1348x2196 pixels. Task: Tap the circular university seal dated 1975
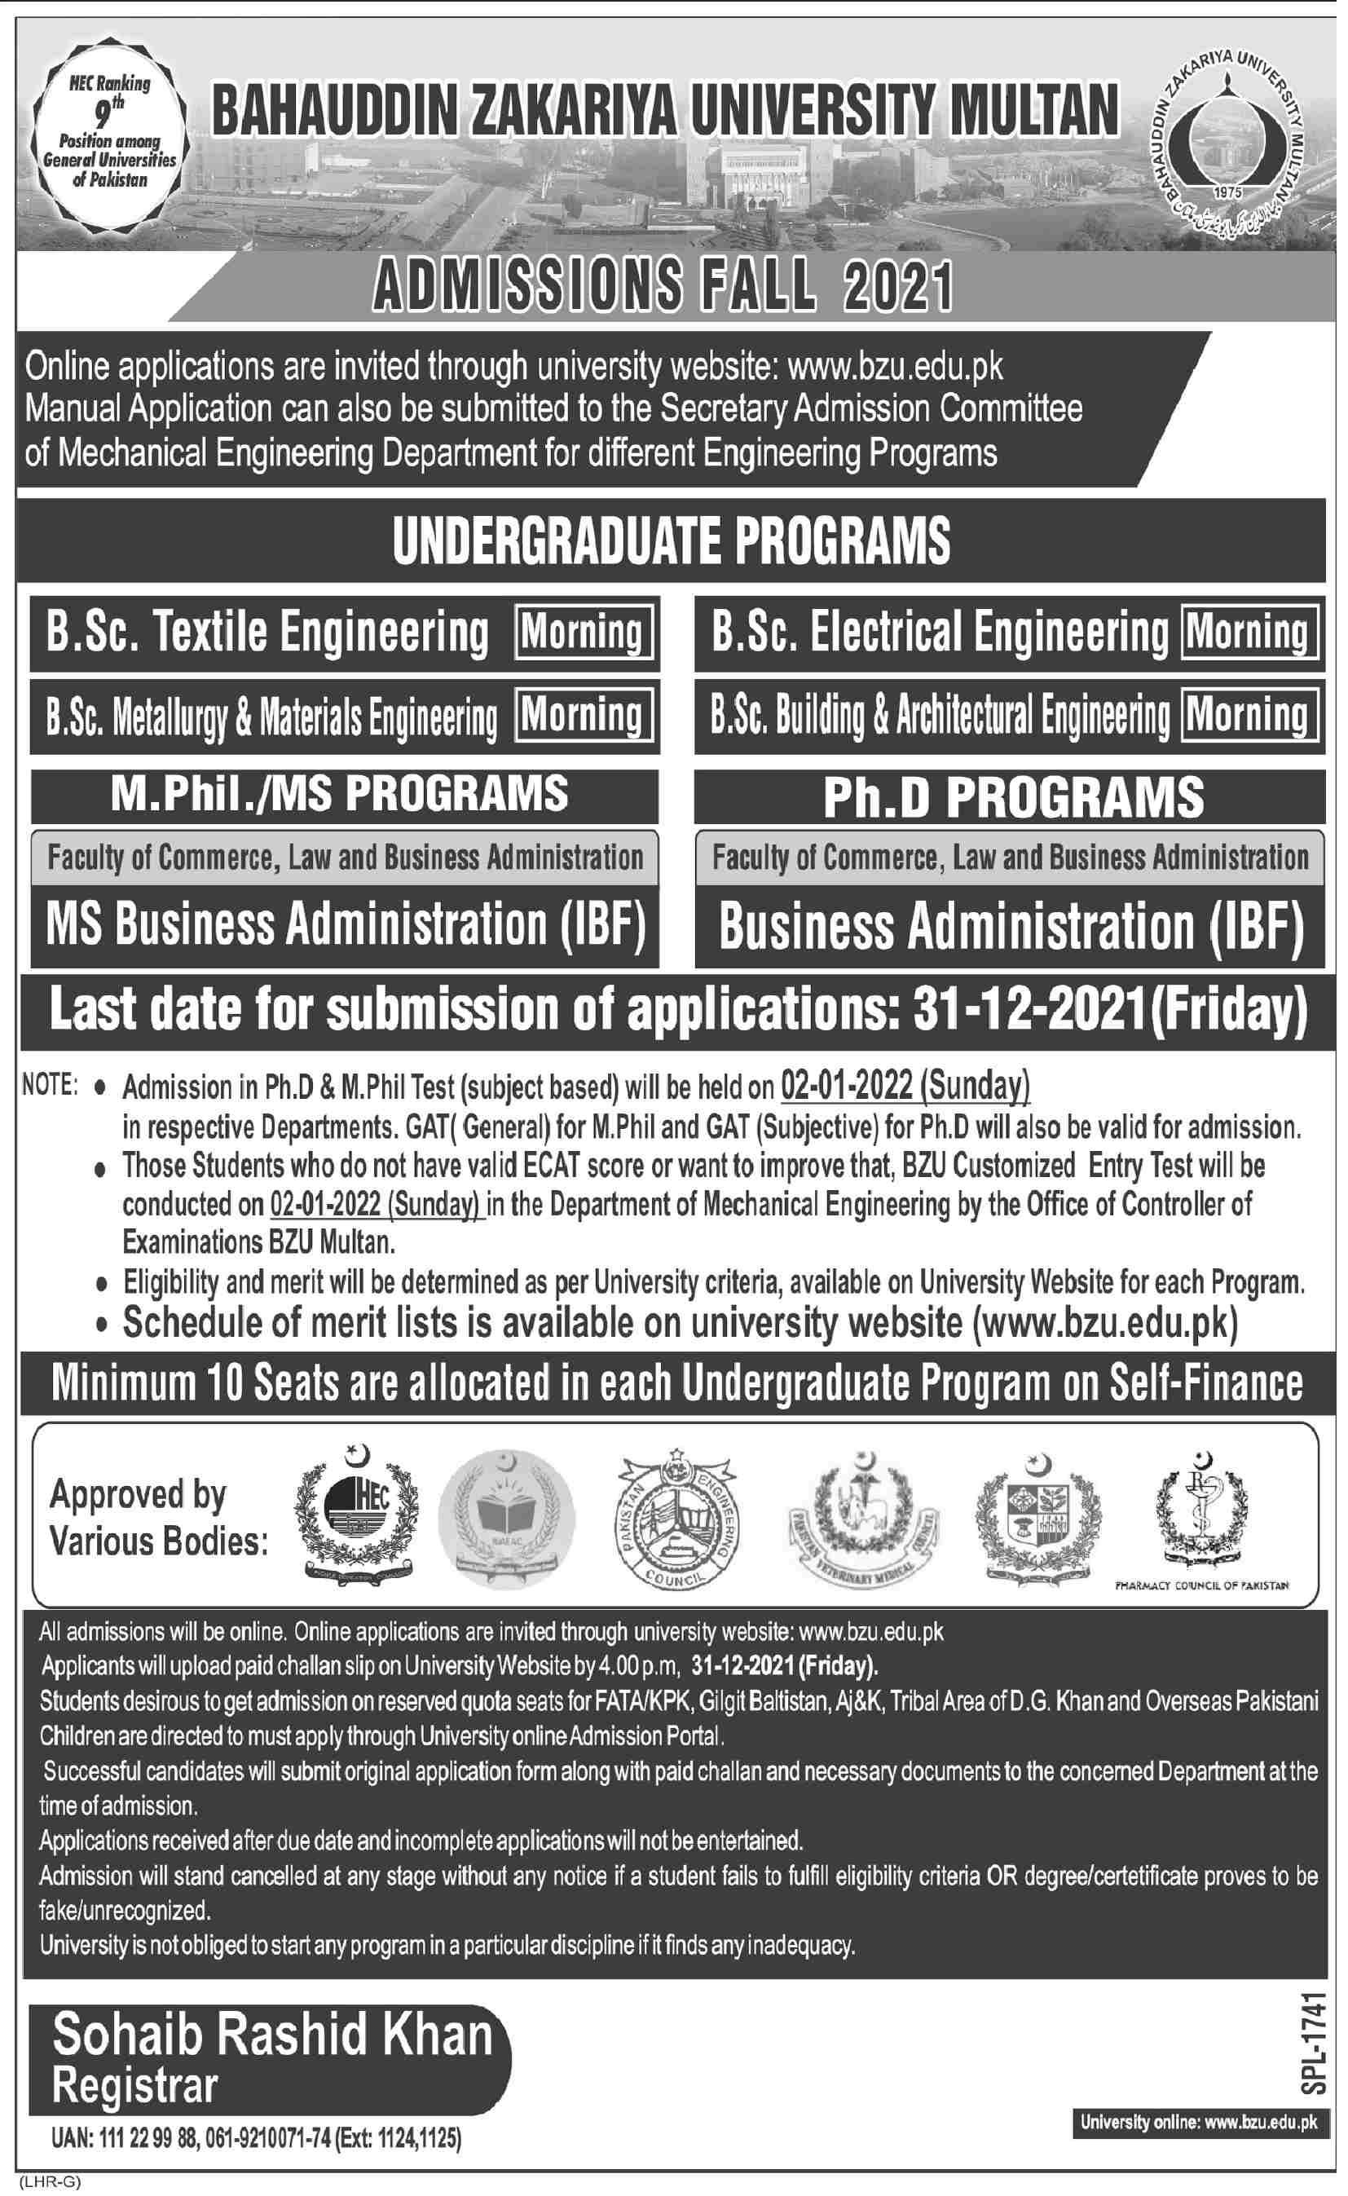point(1235,143)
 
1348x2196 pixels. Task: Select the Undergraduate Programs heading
point(672,541)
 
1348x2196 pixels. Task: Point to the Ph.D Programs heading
point(1013,796)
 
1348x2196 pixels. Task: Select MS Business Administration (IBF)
point(345,924)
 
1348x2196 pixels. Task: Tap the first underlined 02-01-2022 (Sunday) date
point(905,1086)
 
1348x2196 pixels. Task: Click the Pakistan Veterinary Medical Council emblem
point(863,1519)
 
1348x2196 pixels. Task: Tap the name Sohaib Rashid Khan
point(272,2035)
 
